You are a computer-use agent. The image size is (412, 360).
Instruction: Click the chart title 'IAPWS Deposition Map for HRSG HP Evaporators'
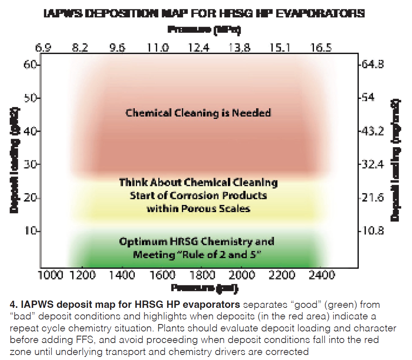205,14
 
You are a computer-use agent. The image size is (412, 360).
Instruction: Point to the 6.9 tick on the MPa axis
43,48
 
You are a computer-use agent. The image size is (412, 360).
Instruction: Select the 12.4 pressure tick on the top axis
199,48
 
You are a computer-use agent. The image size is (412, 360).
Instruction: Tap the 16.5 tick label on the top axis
320,48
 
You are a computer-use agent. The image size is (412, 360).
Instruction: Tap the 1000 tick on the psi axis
51,275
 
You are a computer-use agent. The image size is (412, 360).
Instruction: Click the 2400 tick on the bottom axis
322,275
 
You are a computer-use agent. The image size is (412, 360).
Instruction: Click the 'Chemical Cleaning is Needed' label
198,113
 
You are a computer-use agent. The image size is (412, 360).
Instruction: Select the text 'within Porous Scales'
198,209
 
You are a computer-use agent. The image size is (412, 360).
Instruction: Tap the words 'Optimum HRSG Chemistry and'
197,242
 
